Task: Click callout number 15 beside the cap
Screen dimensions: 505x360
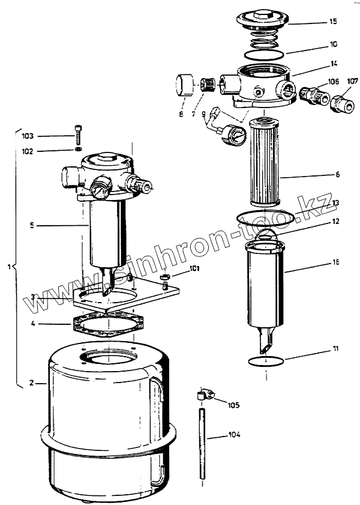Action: coord(334,22)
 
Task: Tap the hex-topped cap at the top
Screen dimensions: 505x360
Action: coord(263,20)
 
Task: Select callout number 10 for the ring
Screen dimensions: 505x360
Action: coord(334,44)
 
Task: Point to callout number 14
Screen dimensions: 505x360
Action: coord(334,62)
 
